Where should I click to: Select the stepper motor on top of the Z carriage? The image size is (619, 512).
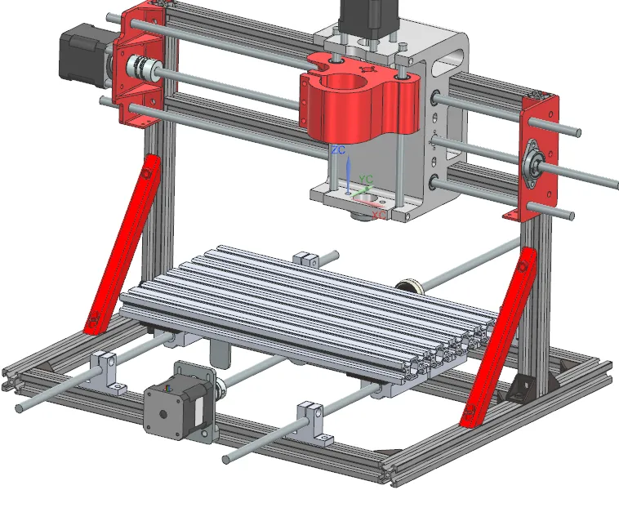[367, 16]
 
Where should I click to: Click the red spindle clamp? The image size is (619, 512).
[359, 103]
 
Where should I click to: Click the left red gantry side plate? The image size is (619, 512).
[138, 65]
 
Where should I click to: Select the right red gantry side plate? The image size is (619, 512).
[539, 155]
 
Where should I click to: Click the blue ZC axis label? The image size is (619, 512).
[338, 150]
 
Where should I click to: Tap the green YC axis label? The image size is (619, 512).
[367, 179]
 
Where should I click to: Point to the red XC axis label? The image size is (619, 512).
[378, 216]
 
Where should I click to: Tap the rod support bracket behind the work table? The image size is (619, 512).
[307, 260]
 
